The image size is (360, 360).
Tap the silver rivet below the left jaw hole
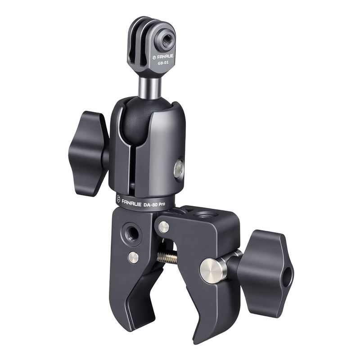pyautogui.click(x=133, y=257)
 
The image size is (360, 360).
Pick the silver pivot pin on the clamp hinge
pyautogui.click(x=163, y=226)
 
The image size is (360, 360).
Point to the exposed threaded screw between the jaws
pyautogui.click(x=167, y=257)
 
